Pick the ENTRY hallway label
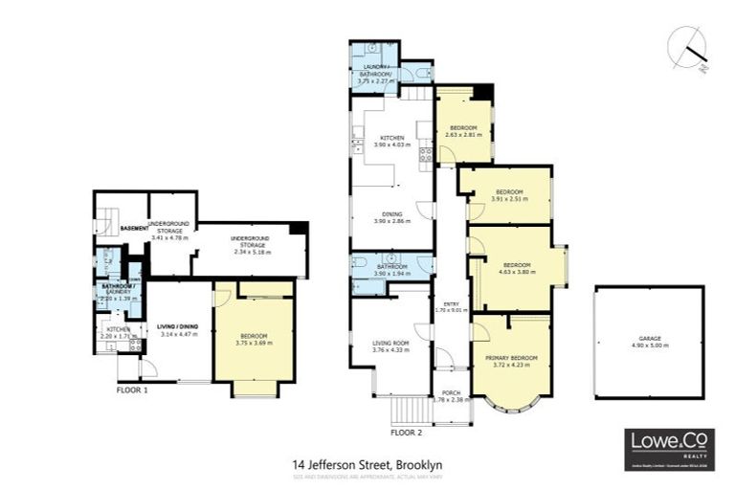point(447,306)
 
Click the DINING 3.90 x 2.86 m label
point(390,217)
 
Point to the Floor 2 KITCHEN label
point(392,141)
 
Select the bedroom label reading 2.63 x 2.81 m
point(464,131)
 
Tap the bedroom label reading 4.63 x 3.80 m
point(517,268)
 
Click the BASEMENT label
point(133,229)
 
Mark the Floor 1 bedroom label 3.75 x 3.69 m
point(253,339)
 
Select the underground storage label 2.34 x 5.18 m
point(248,243)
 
